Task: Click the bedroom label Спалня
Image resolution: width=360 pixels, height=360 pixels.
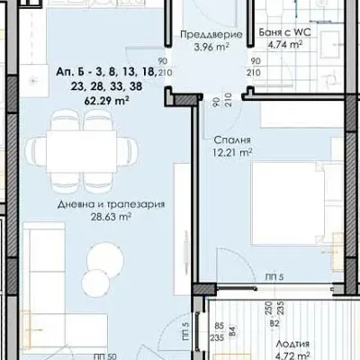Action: click(x=232, y=140)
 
